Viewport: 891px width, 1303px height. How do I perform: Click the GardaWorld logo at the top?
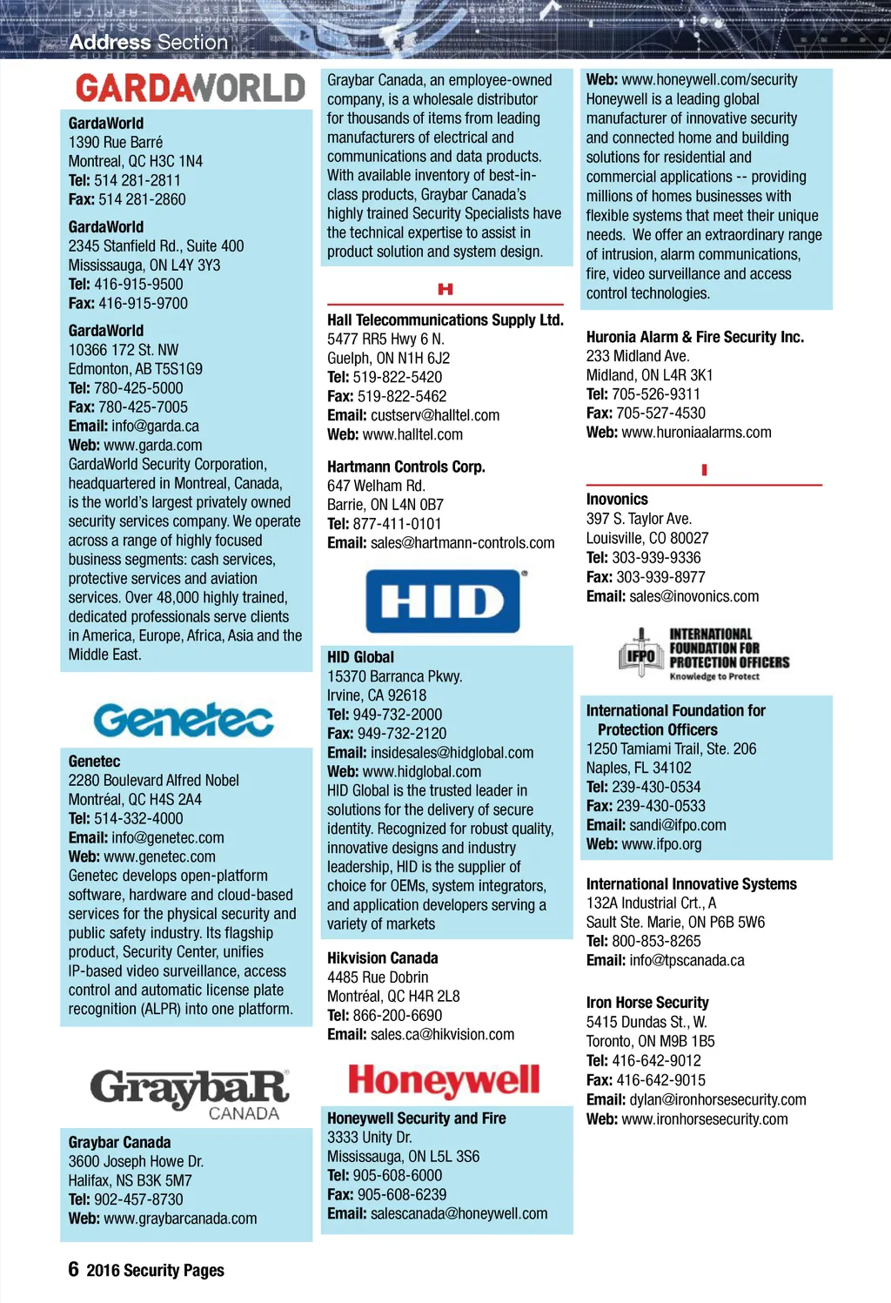point(190,88)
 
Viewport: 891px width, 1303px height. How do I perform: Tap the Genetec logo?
point(184,720)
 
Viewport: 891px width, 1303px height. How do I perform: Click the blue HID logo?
point(443,601)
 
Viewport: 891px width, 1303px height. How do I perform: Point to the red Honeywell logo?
point(444,1081)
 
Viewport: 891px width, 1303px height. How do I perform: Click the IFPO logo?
point(703,654)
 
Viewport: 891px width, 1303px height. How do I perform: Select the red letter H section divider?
point(445,289)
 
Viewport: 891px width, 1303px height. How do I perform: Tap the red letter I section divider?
point(704,470)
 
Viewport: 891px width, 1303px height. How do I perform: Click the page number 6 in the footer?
point(74,1269)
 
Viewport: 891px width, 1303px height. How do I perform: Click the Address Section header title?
point(149,42)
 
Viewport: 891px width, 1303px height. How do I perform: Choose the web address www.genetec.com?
point(159,856)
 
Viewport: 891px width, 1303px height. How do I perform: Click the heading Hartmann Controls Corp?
point(406,467)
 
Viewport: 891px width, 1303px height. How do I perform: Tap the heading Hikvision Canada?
point(383,957)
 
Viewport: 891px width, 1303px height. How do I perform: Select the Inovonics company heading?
point(617,499)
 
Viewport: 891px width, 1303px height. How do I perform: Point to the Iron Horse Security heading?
point(647,1002)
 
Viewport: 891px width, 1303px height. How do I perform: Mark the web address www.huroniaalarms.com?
point(696,432)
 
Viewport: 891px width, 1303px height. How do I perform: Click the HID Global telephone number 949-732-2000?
point(397,714)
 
